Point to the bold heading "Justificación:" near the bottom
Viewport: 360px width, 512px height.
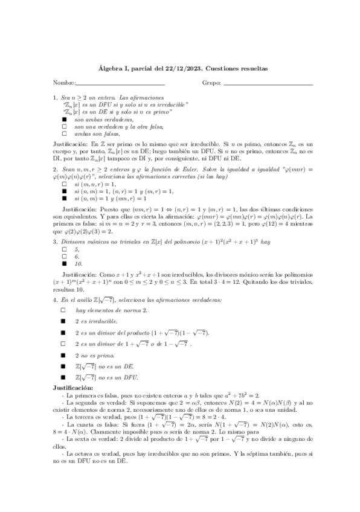(x=73, y=387)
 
